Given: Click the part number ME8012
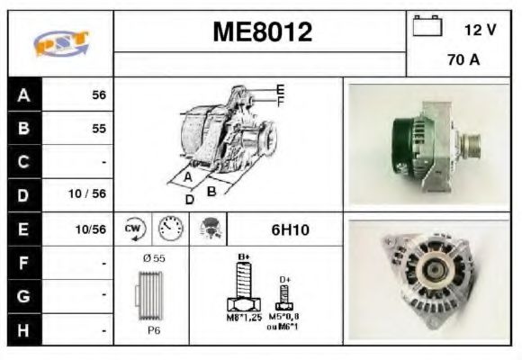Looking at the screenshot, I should [x=262, y=33].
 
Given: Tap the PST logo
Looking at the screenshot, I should [x=61, y=43].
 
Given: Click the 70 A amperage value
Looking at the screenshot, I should [x=463, y=61].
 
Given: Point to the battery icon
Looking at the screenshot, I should [x=426, y=26].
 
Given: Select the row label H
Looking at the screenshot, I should [x=23, y=329].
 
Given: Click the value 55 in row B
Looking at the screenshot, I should [x=98, y=129].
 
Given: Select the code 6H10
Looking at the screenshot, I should [x=290, y=229].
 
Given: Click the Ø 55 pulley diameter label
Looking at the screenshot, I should [x=154, y=258].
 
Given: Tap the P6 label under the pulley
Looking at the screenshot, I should [x=155, y=330].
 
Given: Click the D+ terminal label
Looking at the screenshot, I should [x=285, y=281].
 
